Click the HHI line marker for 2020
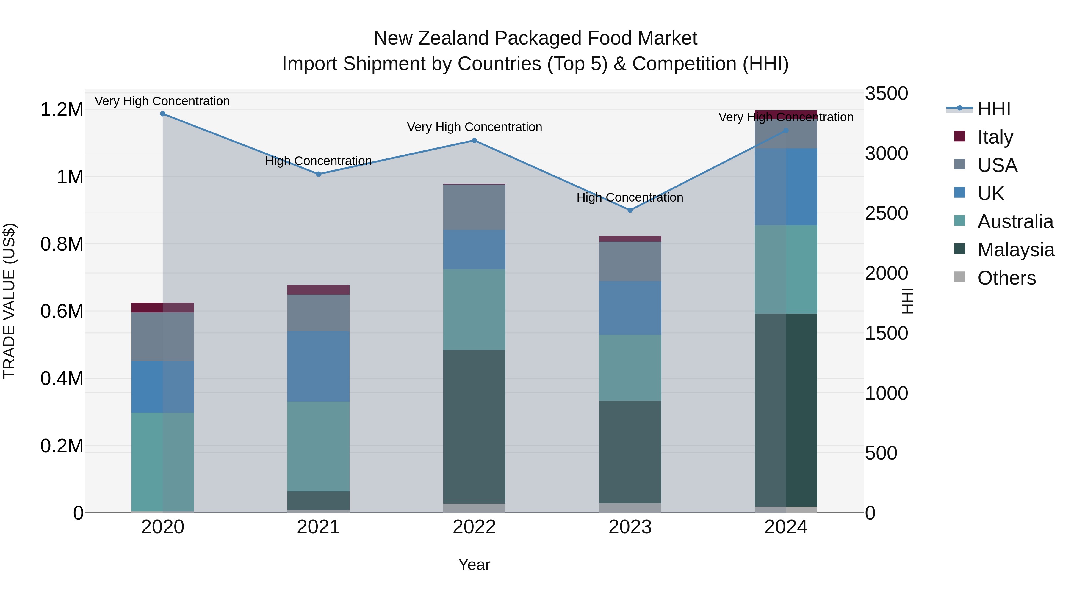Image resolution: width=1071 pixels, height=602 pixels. (162, 114)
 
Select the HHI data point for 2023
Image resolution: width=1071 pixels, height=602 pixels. (630, 210)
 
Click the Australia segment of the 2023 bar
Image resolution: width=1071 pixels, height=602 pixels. (630, 368)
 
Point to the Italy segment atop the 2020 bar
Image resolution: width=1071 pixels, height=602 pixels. (162, 307)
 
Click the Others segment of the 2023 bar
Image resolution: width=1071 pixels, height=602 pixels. (630, 508)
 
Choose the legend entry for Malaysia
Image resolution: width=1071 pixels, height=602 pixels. (1015, 250)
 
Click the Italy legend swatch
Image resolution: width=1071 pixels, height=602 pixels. (959, 136)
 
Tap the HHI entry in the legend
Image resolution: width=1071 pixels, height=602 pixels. (994, 109)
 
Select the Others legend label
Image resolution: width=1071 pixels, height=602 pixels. (1006, 278)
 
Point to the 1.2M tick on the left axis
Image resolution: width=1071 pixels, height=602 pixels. (62, 110)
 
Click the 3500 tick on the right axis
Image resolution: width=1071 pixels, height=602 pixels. (886, 93)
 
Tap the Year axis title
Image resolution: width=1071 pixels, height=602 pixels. (474, 565)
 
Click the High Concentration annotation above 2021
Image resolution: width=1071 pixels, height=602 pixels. (318, 161)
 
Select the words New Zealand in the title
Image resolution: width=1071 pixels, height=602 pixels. (431, 38)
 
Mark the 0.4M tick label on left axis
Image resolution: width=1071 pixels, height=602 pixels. (62, 378)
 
